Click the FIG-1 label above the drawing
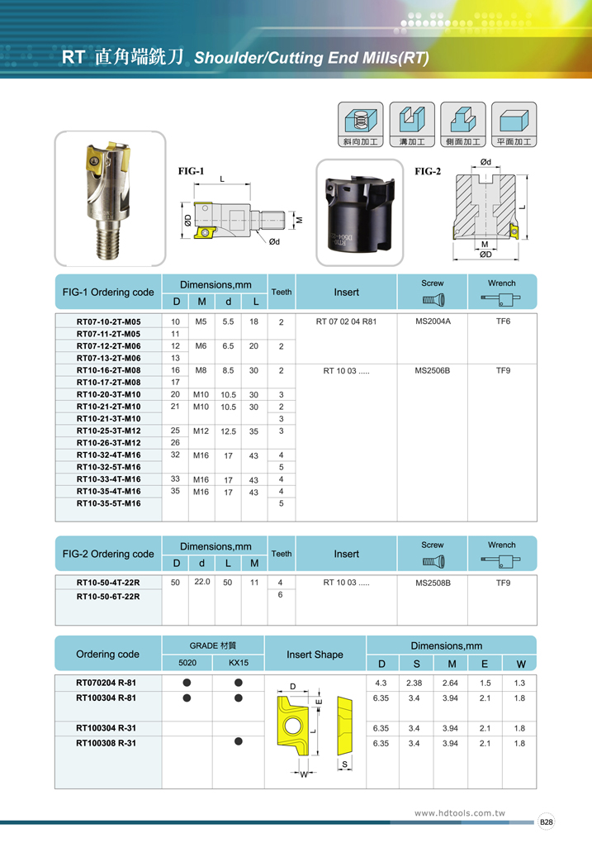pos(192,171)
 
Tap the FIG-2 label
pos(428,171)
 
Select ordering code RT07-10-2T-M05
pos(108,321)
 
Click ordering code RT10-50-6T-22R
pos(108,595)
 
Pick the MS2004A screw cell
pos(433,321)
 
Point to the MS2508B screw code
pos(433,583)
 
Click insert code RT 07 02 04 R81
pos(346,321)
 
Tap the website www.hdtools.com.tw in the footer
pos(459,813)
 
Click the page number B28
pos(547,822)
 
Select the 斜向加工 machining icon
pos(361,124)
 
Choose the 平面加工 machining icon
pos(514,124)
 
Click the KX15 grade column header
pos(238,663)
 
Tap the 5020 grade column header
pos(187,663)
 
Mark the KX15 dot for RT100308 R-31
pos(238,741)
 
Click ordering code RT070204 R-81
pos(107,683)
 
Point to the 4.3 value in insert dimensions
pos(381,683)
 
